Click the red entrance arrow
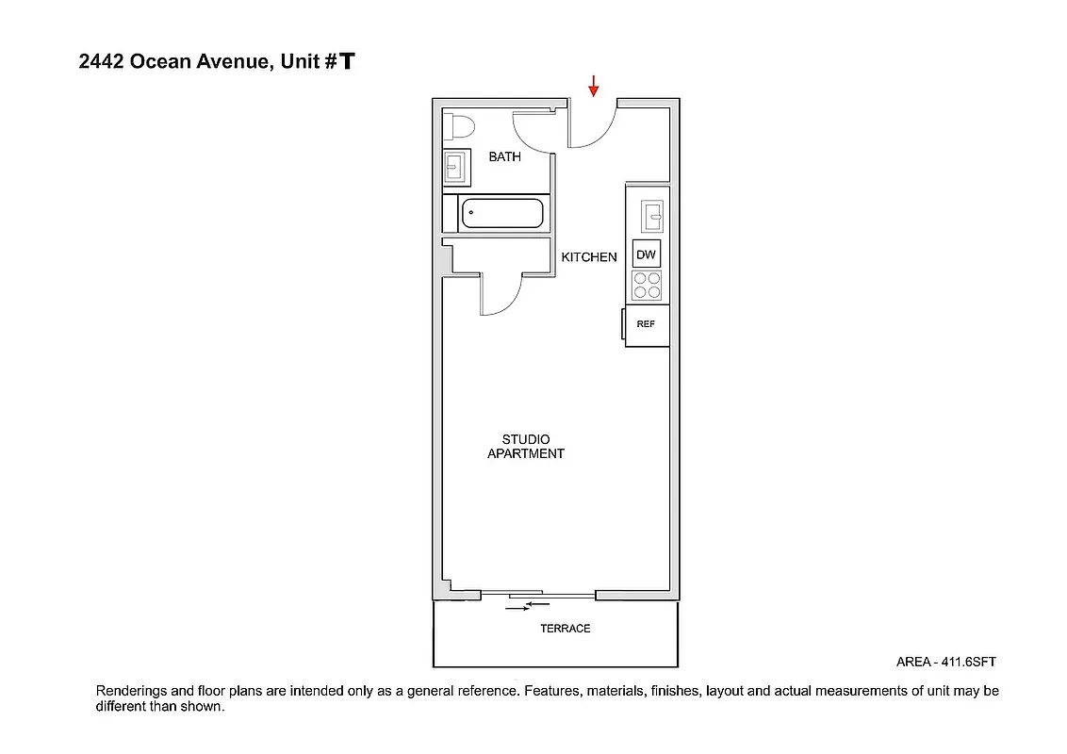594,86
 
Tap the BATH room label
504,156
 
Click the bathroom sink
457,168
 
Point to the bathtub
501,213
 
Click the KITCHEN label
589,257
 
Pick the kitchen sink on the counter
651,216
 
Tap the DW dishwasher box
646,254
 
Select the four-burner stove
647,285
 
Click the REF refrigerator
647,324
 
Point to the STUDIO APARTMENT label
525,447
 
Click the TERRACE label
565,629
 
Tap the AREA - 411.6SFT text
945,663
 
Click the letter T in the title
348,62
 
